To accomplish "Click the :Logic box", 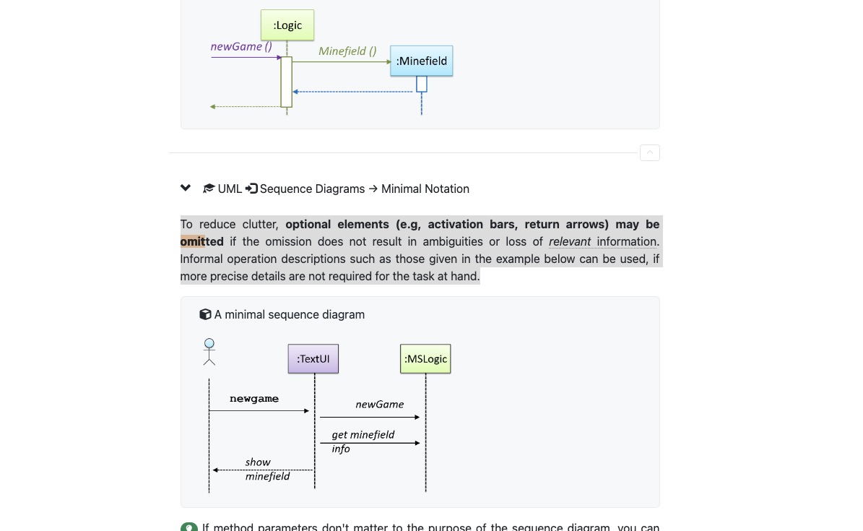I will point(287,25).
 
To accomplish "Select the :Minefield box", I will point(421,61).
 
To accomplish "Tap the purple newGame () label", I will point(241,46).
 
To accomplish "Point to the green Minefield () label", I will point(347,51).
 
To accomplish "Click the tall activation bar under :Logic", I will point(287,82).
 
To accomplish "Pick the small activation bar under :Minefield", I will point(422,84).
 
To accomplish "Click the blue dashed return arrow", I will point(354,92).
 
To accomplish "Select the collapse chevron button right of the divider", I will point(649,152).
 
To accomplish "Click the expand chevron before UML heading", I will point(186,188).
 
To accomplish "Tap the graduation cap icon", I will point(209,189).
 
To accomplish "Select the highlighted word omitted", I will point(202,241).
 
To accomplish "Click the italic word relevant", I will point(570,241).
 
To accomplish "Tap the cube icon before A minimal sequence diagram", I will point(205,314).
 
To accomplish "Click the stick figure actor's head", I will point(209,343).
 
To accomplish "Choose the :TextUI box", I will point(313,358).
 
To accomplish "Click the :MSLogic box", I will point(425,358).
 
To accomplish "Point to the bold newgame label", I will point(254,399).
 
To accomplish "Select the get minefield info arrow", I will point(370,443).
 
